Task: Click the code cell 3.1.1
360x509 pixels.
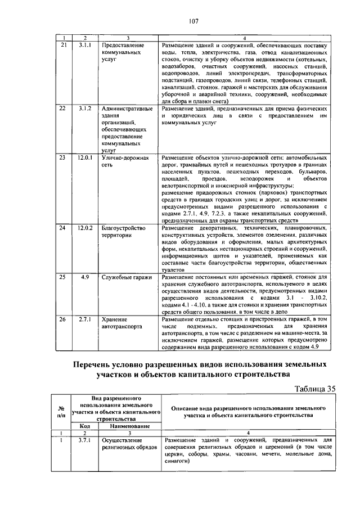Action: pyautogui.click(x=85, y=44)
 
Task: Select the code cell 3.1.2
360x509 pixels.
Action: pyautogui.click(x=85, y=108)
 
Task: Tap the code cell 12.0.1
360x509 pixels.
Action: pyautogui.click(x=85, y=159)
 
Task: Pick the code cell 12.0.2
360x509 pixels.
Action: pyautogui.click(x=85, y=228)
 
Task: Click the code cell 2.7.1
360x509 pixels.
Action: pyautogui.click(x=85, y=319)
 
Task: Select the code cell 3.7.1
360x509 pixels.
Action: pyautogui.click(x=85, y=440)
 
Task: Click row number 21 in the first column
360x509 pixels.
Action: pyautogui.click(x=63, y=44)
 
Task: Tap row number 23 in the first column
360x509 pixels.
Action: pyautogui.click(x=63, y=159)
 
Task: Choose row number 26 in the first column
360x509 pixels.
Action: pyautogui.click(x=63, y=319)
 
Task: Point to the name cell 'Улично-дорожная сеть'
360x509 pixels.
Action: pyautogui.click(x=124, y=162)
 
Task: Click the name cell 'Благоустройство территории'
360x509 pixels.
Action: pyautogui.click(x=124, y=232)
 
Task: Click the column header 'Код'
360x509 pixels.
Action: pyautogui.click(x=85, y=426)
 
